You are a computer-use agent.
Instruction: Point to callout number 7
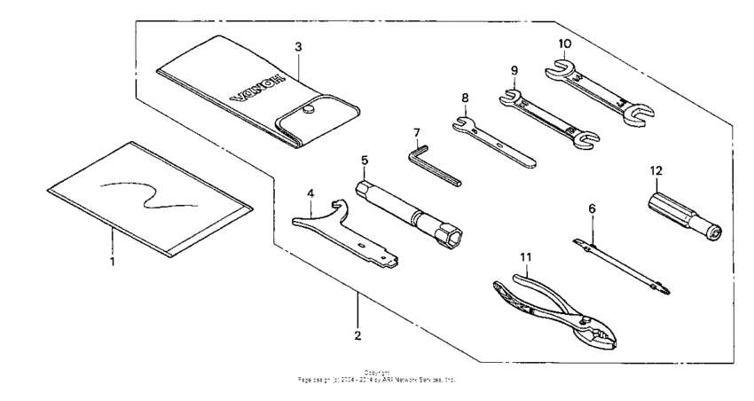click(x=416, y=133)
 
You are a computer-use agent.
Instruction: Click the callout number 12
click(x=656, y=169)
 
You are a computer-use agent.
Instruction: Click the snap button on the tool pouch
click(x=309, y=110)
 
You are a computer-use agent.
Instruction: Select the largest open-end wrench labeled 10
click(x=603, y=88)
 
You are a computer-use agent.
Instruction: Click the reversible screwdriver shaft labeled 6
click(x=621, y=263)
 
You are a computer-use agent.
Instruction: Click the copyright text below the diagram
click(x=376, y=377)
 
